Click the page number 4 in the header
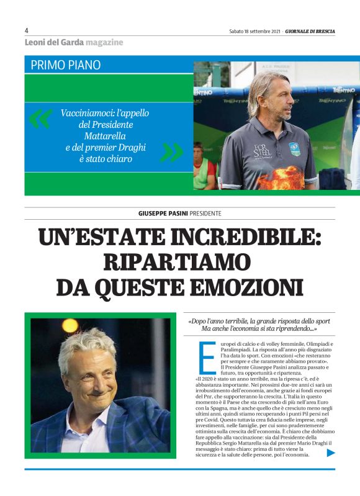point(27,30)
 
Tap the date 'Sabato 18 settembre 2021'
point(254,30)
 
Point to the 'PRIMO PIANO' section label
point(65,65)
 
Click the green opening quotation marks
point(40,118)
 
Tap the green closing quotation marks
point(171,151)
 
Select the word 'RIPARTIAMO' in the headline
point(180,262)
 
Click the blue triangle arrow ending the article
point(331,453)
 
